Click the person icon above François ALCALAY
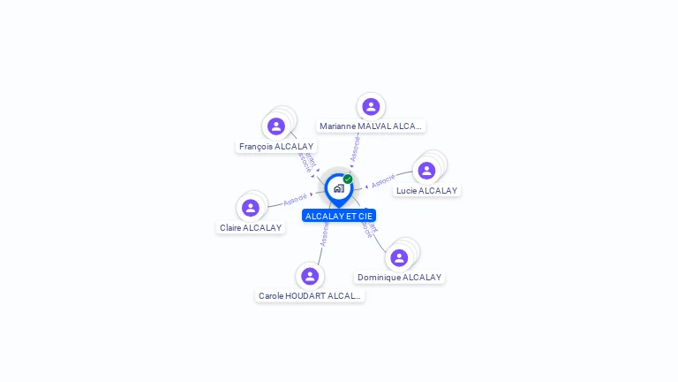coord(276,126)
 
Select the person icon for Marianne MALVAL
coord(371,106)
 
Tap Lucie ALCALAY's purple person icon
coord(426,171)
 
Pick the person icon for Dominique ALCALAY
coord(399,257)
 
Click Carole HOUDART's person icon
coord(309,276)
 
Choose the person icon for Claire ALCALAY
coord(251,208)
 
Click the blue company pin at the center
coord(338,188)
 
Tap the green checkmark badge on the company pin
coord(348,180)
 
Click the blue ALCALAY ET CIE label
coord(339,216)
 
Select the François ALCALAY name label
coord(276,147)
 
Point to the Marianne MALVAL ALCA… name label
coord(372,126)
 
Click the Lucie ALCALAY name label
coord(426,190)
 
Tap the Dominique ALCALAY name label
coord(399,278)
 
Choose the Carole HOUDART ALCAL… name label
coord(310,296)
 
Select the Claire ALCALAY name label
coord(251,228)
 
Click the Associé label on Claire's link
coord(295,199)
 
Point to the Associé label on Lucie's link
coord(383,181)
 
